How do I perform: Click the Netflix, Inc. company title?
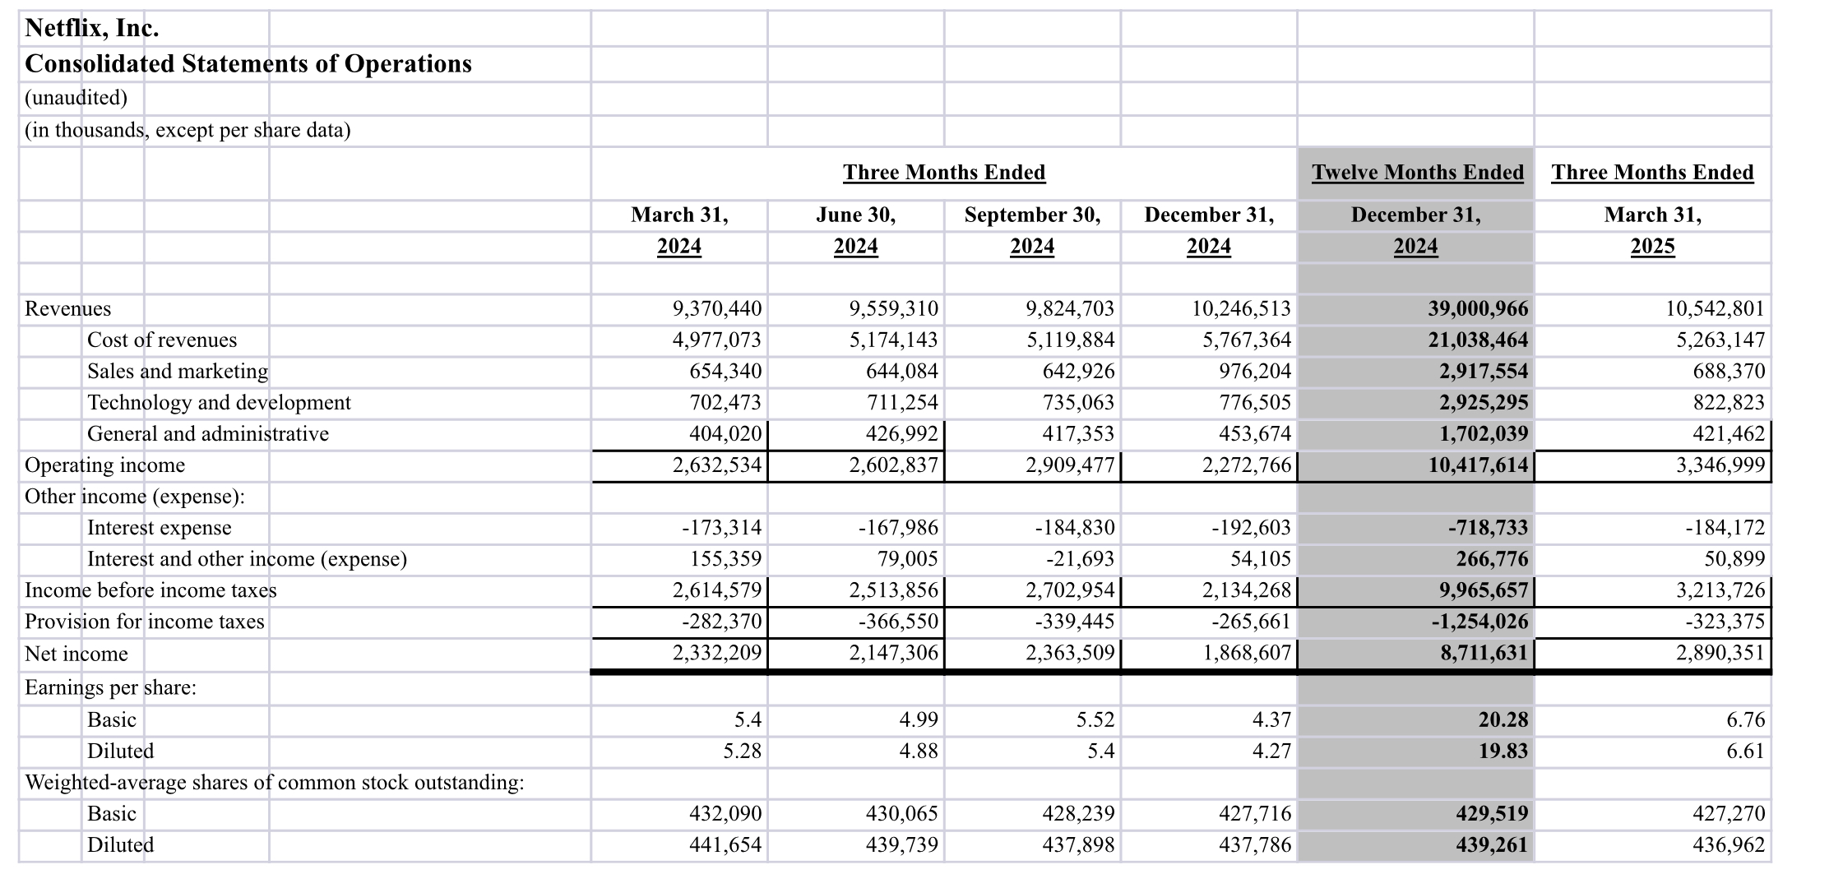(92, 29)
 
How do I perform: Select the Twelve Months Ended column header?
(1417, 173)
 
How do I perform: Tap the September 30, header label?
(1032, 215)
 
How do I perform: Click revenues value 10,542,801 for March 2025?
(1715, 309)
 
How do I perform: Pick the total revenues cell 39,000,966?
(1478, 309)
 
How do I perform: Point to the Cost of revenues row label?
(162, 340)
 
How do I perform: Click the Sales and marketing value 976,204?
(1255, 372)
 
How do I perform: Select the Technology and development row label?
(219, 403)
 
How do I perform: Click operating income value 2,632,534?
(717, 465)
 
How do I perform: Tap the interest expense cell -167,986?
(898, 528)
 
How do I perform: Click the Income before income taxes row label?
(150, 590)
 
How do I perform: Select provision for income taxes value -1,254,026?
(1479, 622)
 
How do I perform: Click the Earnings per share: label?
(111, 687)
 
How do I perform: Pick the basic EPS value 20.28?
(1503, 720)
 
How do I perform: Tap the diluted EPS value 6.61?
(1744, 751)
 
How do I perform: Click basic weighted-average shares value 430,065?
(901, 814)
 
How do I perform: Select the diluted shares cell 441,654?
(725, 845)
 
